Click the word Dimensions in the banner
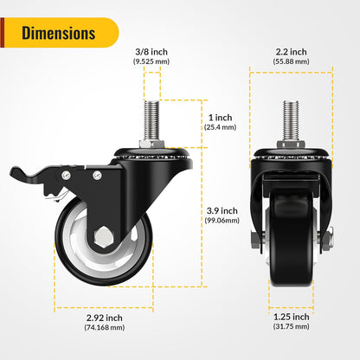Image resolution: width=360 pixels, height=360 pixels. [x=58, y=34]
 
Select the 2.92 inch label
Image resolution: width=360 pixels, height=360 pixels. [x=103, y=317]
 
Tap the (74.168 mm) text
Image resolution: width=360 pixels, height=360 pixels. [x=103, y=328]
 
